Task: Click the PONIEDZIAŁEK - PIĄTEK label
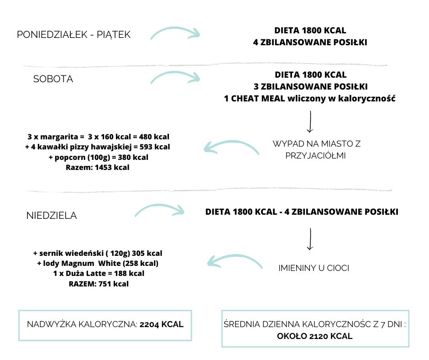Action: (x=73, y=35)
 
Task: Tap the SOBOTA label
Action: (x=53, y=79)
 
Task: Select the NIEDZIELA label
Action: (x=52, y=216)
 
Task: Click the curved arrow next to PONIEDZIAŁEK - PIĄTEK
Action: (x=175, y=33)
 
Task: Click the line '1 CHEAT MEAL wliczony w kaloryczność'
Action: (x=310, y=99)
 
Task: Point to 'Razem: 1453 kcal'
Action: (x=98, y=167)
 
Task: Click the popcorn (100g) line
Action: (x=97, y=157)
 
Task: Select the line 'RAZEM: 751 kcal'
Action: (x=98, y=284)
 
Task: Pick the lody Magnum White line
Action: (x=98, y=263)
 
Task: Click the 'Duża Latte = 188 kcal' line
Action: (x=98, y=273)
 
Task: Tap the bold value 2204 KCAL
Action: (x=162, y=324)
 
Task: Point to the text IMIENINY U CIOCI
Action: (x=314, y=268)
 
